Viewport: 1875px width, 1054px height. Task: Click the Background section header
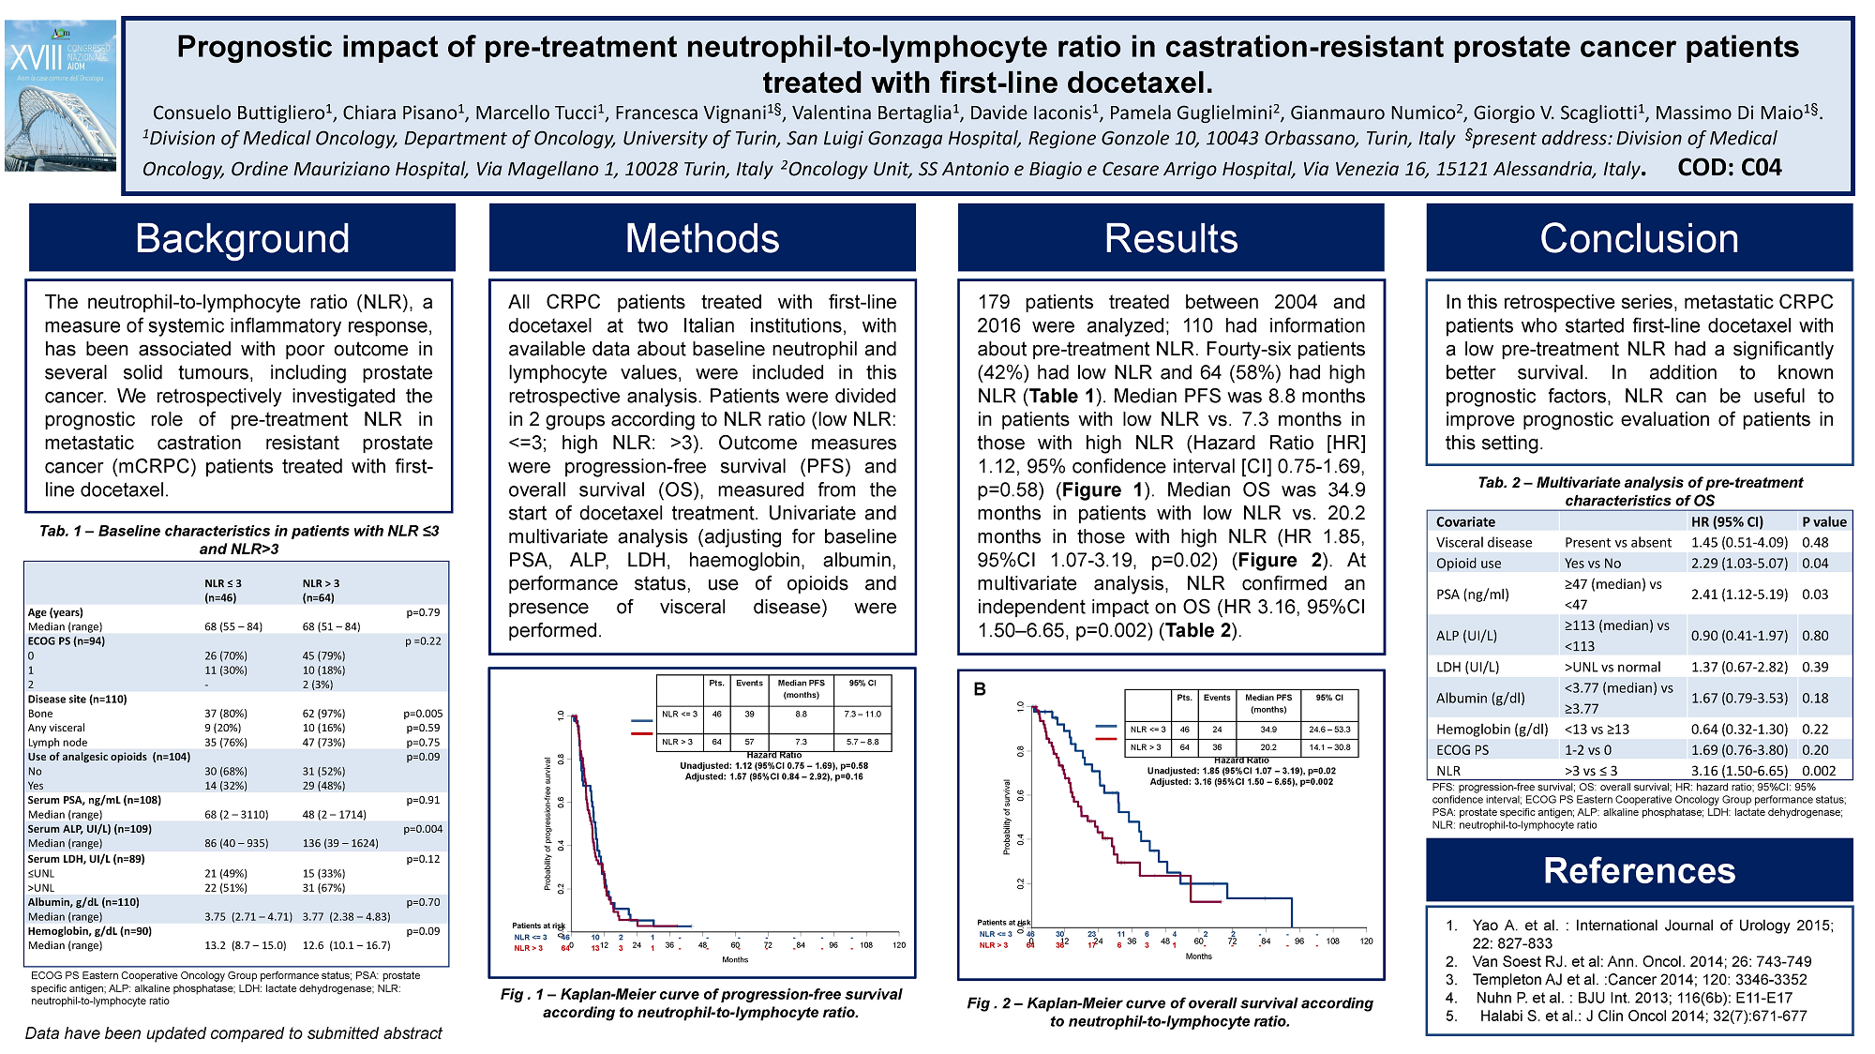(242, 238)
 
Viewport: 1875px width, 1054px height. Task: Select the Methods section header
(702, 238)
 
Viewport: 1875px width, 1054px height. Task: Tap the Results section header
(1171, 238)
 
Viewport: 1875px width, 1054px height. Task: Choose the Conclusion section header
(1639, 238)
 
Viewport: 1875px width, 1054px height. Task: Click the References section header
(1639, 870)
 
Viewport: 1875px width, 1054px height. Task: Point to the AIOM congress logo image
(61, 96)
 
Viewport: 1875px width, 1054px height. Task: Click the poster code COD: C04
(1730, 168)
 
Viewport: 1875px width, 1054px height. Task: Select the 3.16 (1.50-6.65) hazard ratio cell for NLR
(1739, 771)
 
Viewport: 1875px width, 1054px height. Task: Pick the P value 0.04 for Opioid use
(1815, 564)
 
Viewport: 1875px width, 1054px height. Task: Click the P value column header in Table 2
(1823, 522)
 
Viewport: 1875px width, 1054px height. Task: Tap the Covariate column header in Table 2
(1465, 522)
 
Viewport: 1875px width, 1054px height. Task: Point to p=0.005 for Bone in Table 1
(423, 714)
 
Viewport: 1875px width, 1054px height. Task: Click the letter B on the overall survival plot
(980, 689)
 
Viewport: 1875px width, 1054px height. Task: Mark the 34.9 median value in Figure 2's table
(1267, 730)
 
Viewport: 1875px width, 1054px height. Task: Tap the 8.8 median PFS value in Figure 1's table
(801, 715)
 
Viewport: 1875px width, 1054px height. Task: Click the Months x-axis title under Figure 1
(735, 959)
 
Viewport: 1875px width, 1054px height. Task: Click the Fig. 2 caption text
(1170, 1012)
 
